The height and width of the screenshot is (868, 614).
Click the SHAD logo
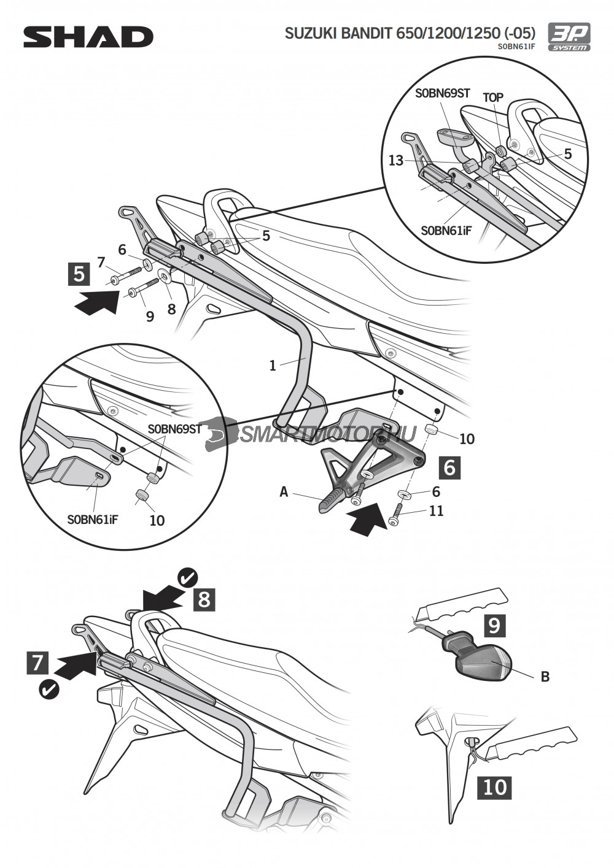tap(88, 37)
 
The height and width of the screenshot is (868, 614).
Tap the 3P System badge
tap(569, 36)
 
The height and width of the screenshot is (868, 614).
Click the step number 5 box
tap(79, 274)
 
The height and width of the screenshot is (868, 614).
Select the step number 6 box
tap(449, 467)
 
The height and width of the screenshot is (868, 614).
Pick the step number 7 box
tap(38, 663)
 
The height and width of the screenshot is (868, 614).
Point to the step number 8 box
tap(204, 599)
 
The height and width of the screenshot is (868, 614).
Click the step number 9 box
tap(494, 625)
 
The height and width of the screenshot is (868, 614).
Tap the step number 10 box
tap(494, 787)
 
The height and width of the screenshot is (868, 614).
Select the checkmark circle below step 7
tap(49, 690)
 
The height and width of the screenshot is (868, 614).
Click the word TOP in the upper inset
tap(493, 98)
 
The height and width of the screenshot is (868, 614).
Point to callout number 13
tap(396, 161)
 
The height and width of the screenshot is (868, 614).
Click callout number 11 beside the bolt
tap(436, 511)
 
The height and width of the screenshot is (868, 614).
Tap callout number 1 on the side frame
tap(273, 366)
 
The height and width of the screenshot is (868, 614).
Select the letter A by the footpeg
tap(284, 491)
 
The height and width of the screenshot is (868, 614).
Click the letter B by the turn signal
tap(545, 677)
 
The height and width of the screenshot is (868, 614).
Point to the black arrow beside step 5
tap(96, 302)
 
